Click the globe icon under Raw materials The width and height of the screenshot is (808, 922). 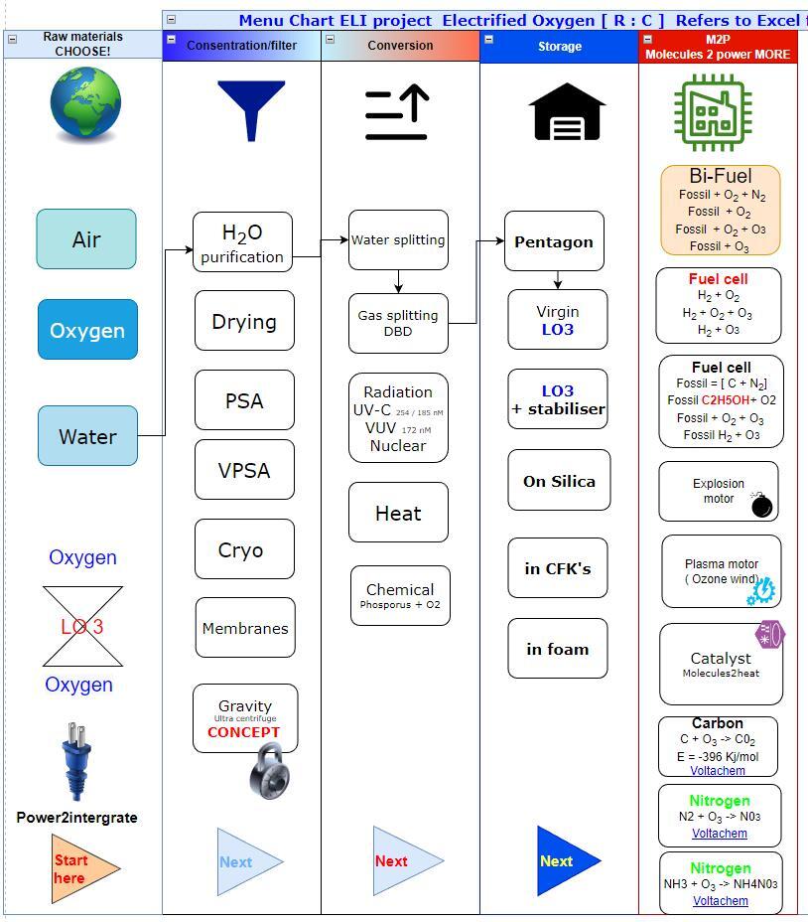coord(86,103)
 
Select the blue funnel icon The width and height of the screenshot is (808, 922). coord(251,108)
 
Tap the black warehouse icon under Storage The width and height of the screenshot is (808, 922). coord(569,111)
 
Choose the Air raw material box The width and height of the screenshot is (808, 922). coord(86,239)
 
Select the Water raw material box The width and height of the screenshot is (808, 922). coord(87,436)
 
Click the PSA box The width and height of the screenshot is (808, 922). coord(244,400)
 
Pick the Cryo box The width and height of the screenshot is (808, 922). coord(244,549)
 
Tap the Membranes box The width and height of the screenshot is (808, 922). coord(245,628)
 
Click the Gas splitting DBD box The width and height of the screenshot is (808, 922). coord(398,323)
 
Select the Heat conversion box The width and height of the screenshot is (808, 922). coord(398,513)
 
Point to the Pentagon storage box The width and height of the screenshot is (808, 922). coord(554,241)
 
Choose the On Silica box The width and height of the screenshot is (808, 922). coord(559,481)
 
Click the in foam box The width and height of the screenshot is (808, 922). coord(558,649)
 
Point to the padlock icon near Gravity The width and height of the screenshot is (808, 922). coord(267,771)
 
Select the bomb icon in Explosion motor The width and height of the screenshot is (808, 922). coord(761,505)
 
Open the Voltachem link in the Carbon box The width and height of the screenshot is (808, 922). coord(718,771)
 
